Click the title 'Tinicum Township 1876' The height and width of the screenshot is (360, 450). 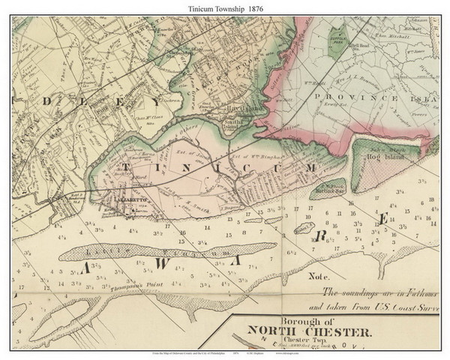[x=225, y=7]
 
